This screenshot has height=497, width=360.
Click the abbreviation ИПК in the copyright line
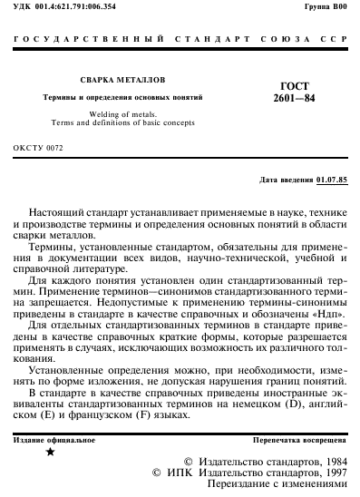tap(180, 473)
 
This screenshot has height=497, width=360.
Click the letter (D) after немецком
tap(308, 405)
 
